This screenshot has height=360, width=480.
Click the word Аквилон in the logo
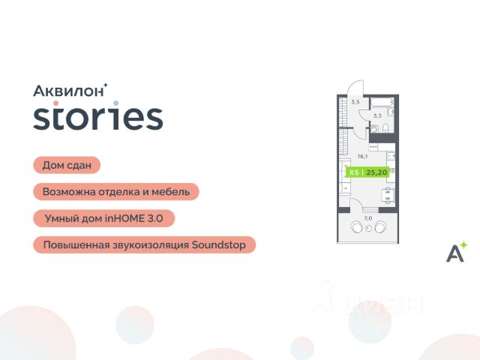point(68,91)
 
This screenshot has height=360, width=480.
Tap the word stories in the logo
point(98,118)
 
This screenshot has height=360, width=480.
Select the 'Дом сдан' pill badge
point(67,165)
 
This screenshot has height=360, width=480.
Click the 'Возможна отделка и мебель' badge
point(116,192)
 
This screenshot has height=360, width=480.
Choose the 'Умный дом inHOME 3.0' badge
point(103,218)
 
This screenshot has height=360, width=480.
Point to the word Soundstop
point(218,245)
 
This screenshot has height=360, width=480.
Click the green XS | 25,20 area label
point(367,172)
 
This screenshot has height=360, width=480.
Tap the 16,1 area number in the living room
point(362,157)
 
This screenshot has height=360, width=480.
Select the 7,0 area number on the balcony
point(368,218)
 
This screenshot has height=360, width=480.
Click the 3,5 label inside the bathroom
point(377,115)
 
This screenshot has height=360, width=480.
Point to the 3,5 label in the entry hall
point(355,102)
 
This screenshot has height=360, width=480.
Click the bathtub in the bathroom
point(382,102)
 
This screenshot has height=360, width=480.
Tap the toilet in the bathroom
point(385,128)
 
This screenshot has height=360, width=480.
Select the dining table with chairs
point(388,195)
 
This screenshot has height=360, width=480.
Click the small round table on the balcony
point(368,228)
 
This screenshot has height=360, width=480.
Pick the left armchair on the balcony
point(357,226)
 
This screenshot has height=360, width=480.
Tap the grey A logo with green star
point(456,252)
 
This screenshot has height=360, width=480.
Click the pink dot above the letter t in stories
point(55,103)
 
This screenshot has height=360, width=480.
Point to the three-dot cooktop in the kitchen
point(373,147)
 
